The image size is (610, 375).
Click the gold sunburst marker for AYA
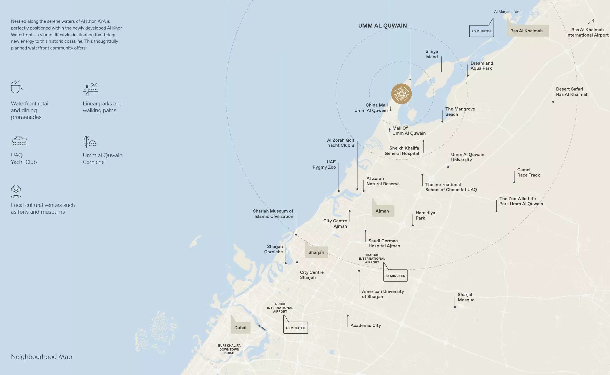click(x=401, y=94)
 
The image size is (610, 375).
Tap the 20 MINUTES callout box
click(x=481, y=31)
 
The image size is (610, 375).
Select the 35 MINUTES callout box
click(x=395, y=276)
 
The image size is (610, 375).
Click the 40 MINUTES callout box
click(x=295, y=328)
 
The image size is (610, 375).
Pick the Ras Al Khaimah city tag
click(x=526, y=31)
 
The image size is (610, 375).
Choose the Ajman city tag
click(x=382, y=211)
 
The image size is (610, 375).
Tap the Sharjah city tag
click(x=316, y=252)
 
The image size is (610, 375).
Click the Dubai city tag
click(x=240, y=328)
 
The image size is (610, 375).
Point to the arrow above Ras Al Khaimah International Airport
click(x=591, y=21)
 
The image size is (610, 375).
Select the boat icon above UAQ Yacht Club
click(x=19, y=141)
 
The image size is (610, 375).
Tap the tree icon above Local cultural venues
click(x=16, y=191)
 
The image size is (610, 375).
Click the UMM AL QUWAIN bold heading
click(x=382, y=26)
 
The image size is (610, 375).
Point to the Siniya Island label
click(x=432, y=54)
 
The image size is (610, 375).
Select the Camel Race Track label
click(x=528, y=172)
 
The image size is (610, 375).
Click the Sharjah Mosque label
click(x=466, y=297)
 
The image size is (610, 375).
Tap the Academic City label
click(x=366, y=326)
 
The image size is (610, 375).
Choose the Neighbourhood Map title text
click(x=42, y=357)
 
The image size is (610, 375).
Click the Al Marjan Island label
click(x=508, y=12)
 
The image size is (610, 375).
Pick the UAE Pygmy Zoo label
click(x=324, y=164)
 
